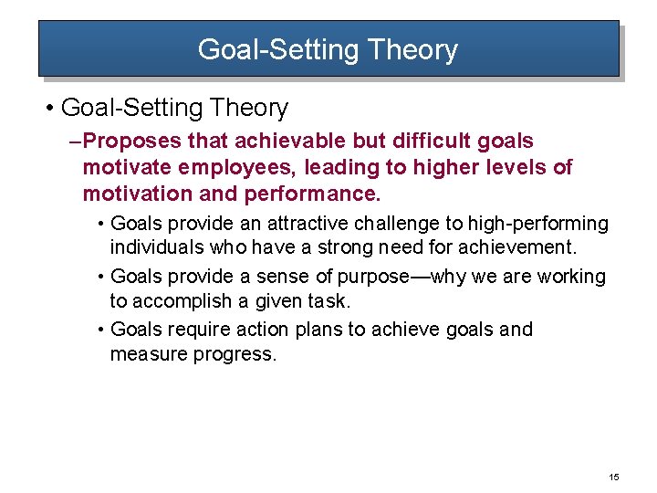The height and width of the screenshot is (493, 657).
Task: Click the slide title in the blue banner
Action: (328, 49)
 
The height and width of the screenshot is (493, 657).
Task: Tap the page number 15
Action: (613, 477)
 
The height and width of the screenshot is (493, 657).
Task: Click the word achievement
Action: (517, 247)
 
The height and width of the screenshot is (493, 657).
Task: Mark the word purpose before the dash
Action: (373, 277)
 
